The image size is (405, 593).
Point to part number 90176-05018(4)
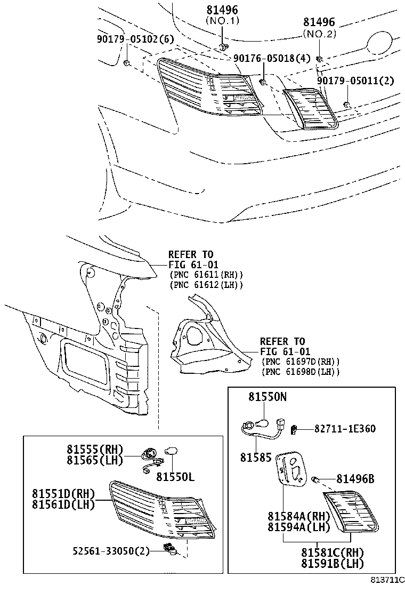tap(271, 60)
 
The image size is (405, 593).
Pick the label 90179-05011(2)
tap(355, 81)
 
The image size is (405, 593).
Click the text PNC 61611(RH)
tap(206, 275)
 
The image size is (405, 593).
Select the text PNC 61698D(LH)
tap(301, 372)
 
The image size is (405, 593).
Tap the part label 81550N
tap(267, 397)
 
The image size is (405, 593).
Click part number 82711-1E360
tap(345, 429)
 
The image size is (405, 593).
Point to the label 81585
tap(256, 457)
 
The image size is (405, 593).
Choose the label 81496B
tap(355, 479)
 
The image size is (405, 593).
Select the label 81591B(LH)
tap(333, 563)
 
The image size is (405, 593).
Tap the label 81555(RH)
tap(95, 450)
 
